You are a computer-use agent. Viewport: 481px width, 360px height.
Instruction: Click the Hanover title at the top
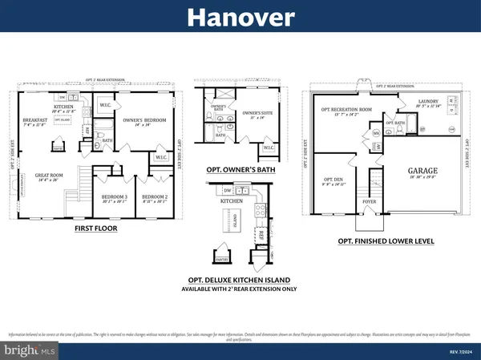point(240,17)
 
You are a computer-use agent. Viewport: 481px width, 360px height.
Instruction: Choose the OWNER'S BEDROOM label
point(143,121)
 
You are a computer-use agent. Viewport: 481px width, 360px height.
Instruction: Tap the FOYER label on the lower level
point(370,201)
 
